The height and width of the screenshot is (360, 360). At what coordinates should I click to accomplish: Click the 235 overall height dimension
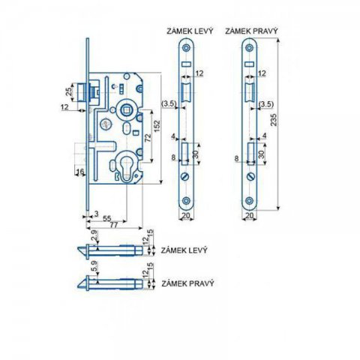click(x=274, y=120)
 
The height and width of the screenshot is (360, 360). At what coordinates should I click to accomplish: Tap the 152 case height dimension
click(x=157, y=127)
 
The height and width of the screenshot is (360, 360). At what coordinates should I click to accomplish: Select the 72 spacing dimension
click(x=148, y=138)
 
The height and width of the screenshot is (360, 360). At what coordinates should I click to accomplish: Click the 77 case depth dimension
click(x=114, y=225)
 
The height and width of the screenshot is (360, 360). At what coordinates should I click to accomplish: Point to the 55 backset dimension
click(x=106, y=218)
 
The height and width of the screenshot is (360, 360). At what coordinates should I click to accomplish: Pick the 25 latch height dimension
click(x=68, y=91)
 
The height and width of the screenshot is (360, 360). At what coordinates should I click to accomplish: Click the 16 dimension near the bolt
click(x=80, y=171)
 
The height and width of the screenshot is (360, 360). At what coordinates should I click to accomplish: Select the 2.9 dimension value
click(x=94, y=235)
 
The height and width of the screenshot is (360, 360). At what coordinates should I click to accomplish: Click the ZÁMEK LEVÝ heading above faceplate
click(x=190, y=31)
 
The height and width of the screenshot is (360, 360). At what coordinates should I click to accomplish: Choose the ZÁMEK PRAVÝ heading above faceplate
click(x=251, y=31)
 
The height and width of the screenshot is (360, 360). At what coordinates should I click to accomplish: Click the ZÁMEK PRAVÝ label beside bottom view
click(x=187, y=283)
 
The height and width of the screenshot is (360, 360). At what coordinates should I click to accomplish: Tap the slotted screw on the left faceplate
click(x=185, y=176)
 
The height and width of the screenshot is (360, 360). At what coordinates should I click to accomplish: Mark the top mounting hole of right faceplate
click(x=249, y=48)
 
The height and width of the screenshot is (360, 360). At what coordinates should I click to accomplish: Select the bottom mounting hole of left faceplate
click(x=186, y=200)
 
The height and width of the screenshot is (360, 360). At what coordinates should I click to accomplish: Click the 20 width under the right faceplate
click(x=250, y=215)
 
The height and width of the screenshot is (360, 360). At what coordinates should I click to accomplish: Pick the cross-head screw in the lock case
click(x=105, y=124)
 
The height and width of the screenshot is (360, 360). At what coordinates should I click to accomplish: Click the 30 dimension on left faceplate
click(x=196, y=154)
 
